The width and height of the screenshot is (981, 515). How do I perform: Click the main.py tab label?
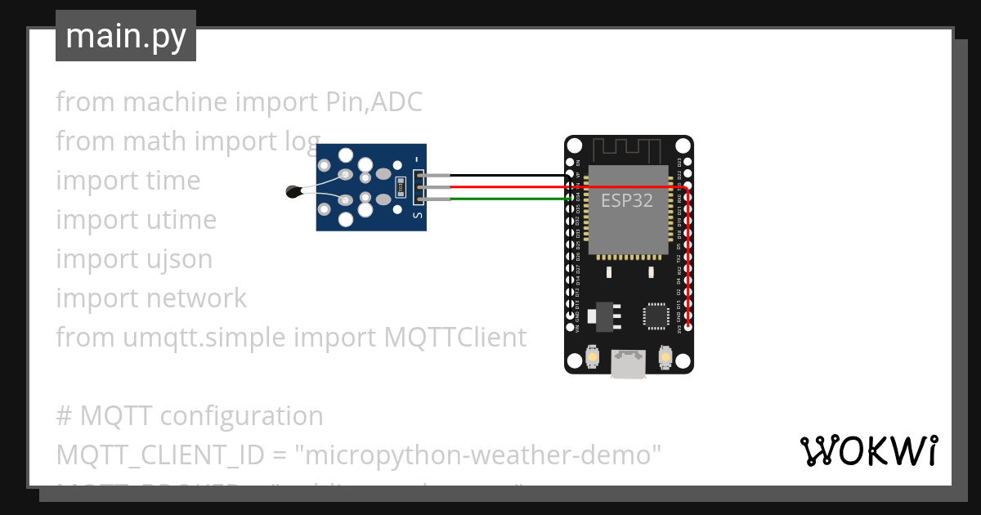[x=125, y=36]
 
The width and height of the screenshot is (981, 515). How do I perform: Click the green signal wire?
[x=507, y=198]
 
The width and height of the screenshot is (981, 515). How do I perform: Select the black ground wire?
[x=507, y=176]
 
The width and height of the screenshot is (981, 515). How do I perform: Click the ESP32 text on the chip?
[x=627, y=200]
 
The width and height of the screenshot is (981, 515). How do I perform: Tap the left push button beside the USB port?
[x=592, y=357]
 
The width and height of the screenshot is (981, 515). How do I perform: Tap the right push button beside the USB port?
[x=666, y=357]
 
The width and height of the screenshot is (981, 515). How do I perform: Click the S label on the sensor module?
[x=418, y=216]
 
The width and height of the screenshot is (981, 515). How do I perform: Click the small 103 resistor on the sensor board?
[x=401, y=187]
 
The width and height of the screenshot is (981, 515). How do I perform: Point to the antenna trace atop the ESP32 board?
[x=627, y=150]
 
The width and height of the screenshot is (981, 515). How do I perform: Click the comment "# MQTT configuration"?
[x=190, y=416]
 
